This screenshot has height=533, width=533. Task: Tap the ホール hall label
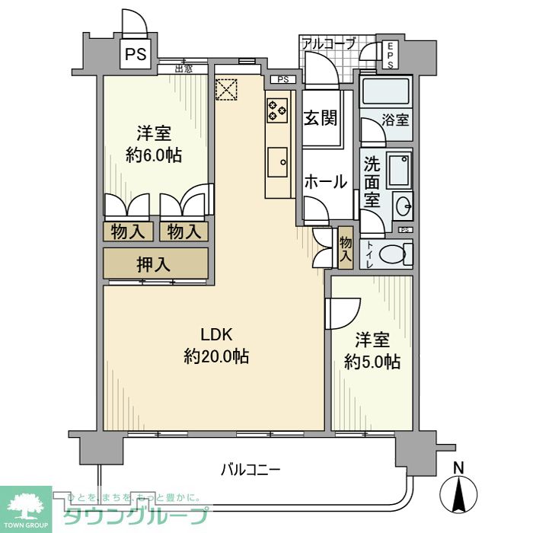pos(326,181)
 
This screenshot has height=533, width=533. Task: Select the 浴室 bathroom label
pos(395,120)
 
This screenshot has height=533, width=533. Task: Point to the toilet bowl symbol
pos(394,254)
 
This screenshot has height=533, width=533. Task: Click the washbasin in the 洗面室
pos(404,206)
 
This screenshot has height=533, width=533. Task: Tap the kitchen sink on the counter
pos(279,160)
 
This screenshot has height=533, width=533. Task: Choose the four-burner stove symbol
pos(276,110)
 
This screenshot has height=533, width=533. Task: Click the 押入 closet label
pos(155,263)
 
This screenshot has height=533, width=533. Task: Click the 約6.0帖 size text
pos(153,155)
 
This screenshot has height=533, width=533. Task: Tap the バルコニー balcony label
pos(251,470)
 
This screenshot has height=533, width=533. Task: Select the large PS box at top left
pos(137,54)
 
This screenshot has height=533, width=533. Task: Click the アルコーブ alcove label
pos(328,43)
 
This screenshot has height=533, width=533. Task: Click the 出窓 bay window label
pos(183,69)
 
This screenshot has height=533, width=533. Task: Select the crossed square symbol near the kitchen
pos(227,89)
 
